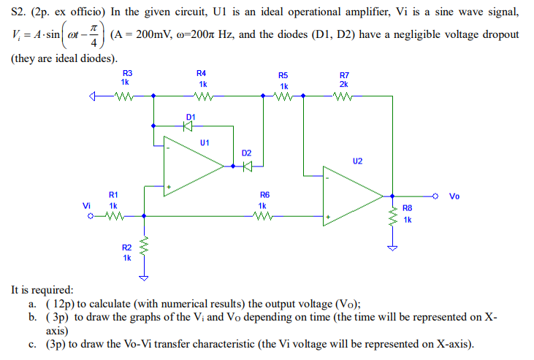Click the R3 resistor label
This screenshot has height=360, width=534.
[128, 73]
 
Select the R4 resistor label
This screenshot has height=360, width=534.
[202, 73]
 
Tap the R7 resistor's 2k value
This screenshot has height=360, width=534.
[344, 84]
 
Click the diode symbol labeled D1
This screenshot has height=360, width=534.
[188, 126]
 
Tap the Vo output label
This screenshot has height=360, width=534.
[454, 196]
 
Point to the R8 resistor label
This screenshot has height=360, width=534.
[407, 209]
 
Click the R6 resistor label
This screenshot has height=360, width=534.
[264, 195]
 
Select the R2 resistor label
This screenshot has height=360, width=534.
[127, 248]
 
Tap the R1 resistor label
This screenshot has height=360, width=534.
[113, 195]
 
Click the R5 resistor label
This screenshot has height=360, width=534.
[283, 75]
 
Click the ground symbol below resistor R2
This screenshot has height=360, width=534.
[144, 277]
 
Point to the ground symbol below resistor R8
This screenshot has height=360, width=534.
[394, 247]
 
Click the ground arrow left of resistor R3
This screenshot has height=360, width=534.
[92, 95]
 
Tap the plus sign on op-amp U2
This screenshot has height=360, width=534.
[329, 217]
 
